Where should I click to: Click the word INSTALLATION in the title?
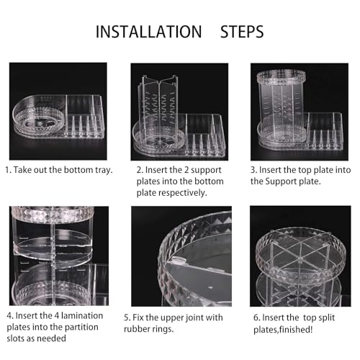(x=148, y=32)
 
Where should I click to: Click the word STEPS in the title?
(x=242, y=32)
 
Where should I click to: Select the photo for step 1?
(x=58, y=112)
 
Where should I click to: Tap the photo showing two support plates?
(x=179, y=112)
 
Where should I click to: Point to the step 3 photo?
(x=300, y=112)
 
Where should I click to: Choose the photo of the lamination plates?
(x=59, y=256)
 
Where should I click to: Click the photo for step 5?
(x=181, y=256)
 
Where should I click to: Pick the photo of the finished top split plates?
(x=300, y=256)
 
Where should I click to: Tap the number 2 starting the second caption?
(x=140, y=170)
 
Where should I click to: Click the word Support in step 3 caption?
(x=281, y=181)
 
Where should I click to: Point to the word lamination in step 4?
(x=82, y=315)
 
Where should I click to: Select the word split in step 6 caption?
(x=328, y=318)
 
